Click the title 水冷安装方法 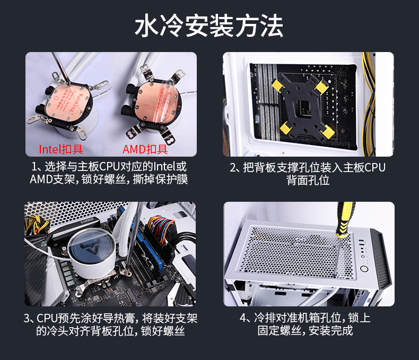click(x=208, y=25)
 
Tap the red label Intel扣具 click(x=61, y=149)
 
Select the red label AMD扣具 click(x=145, y=149)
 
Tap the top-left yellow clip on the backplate click(x=278, y=85)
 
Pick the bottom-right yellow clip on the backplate click(x=327, y=132)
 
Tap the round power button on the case click(x=364, y=268)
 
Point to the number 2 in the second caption click(x=233, y=168)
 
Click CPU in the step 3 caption click(x=47, y=318)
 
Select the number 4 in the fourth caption click(x=242, y=318)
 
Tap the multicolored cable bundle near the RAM click(x=160, y=229)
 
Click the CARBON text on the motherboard click(x=87, y=221)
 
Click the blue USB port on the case click(x=361, y=242)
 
